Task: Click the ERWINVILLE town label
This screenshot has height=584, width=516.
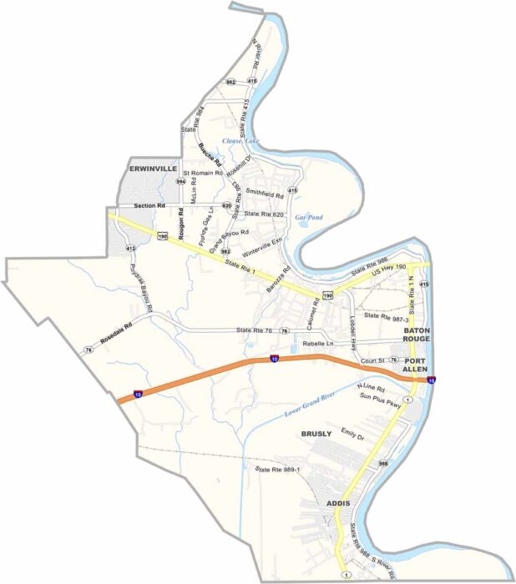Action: [152, 169]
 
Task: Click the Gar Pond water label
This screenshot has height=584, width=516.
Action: [308, 217]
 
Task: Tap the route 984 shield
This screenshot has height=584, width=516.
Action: [180, 181]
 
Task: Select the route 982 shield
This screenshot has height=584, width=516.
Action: [230, 82]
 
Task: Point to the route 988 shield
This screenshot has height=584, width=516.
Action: [383, 463]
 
